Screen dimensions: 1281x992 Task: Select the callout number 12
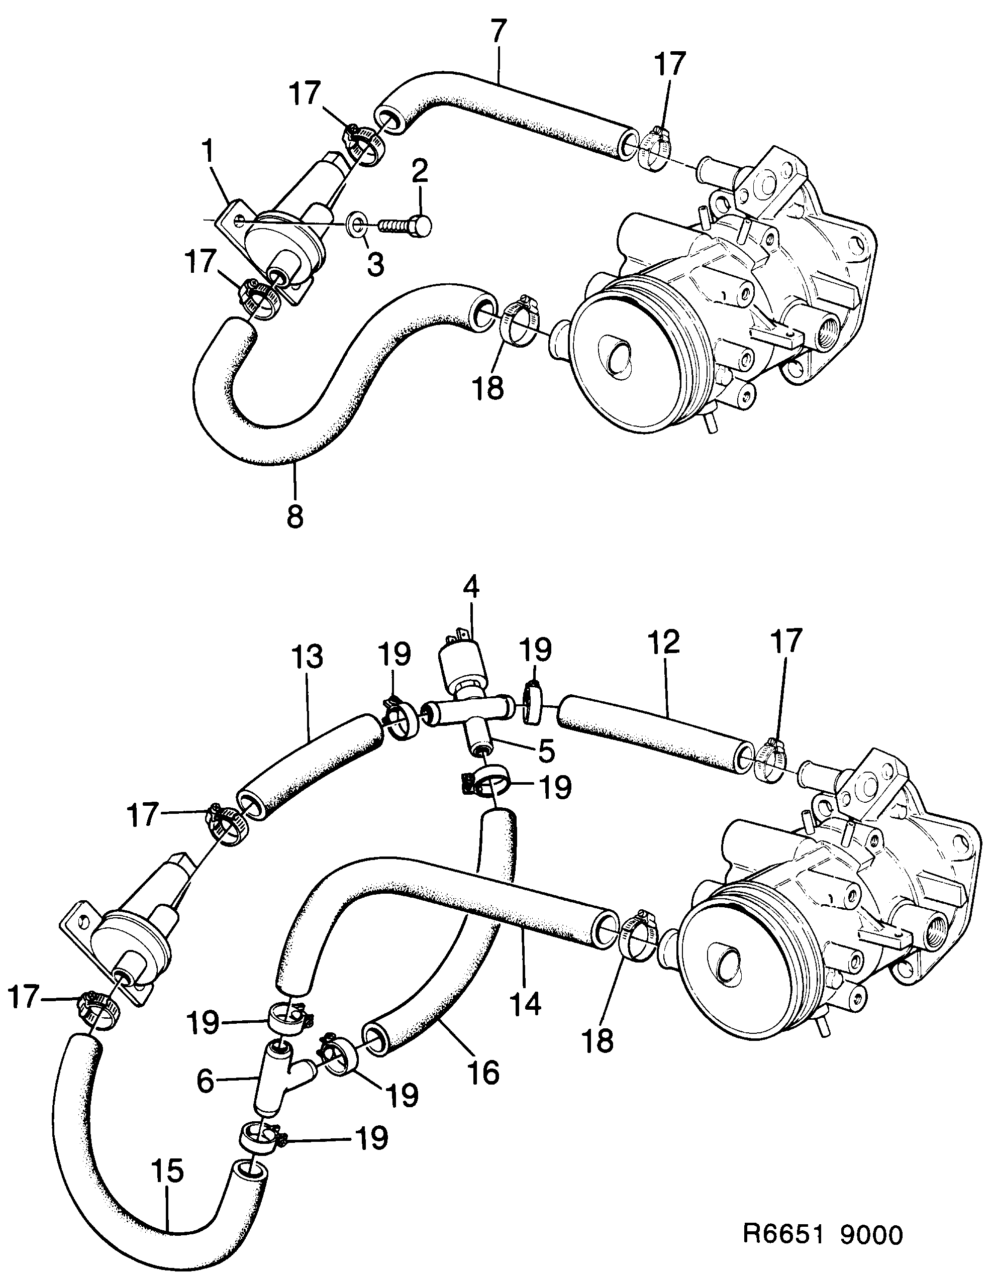(x=665, y=643)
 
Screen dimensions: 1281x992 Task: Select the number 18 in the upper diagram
(x=488, y=388)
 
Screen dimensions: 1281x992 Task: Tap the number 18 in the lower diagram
(x=598, y=1040)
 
